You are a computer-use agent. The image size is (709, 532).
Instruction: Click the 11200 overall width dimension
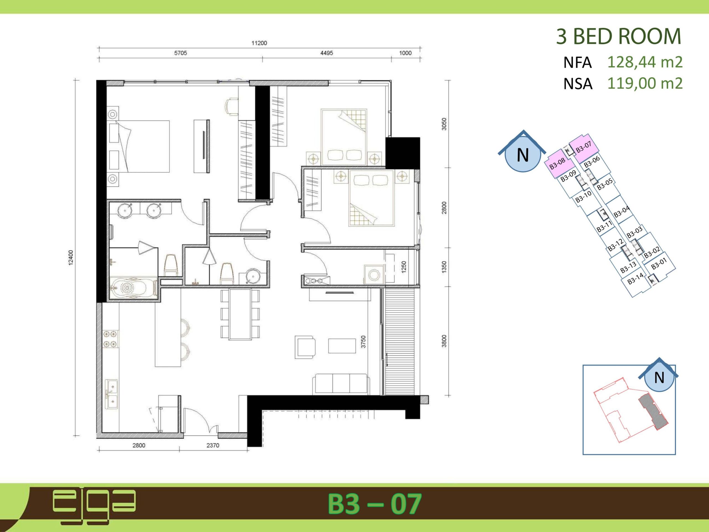(259, 43)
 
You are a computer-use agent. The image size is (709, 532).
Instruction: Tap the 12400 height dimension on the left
(71, 257)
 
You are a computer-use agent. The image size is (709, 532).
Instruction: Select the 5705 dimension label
(181, 53)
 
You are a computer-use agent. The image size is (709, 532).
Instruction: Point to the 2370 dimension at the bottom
(213, 446)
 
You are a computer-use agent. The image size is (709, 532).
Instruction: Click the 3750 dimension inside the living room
(363, 342)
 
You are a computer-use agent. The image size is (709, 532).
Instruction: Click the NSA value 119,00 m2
(645, 83)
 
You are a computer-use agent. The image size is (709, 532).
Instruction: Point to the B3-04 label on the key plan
(621, 212)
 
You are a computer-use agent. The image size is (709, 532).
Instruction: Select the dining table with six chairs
(240, 314)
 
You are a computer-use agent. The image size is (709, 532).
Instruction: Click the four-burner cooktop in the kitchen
(110, 339)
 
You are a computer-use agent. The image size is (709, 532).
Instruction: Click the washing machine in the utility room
(374, 275)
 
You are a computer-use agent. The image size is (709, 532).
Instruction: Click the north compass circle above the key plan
(523, 155)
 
